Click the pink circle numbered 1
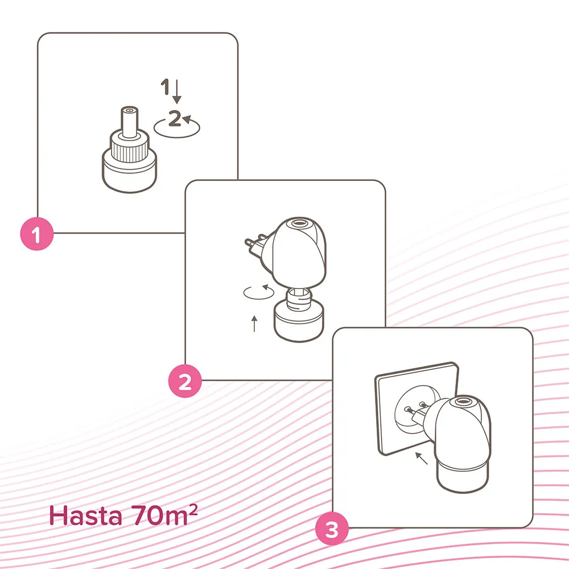36,234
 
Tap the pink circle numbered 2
185,381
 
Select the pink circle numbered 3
332,529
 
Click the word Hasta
85,516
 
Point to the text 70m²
164,514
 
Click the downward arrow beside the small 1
177,91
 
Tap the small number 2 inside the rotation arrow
175,118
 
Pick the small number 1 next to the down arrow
166,86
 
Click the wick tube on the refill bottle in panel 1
130,122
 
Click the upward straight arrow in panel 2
254,324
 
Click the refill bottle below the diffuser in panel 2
299,316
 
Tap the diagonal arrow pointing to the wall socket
421,458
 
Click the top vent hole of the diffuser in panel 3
462,401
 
